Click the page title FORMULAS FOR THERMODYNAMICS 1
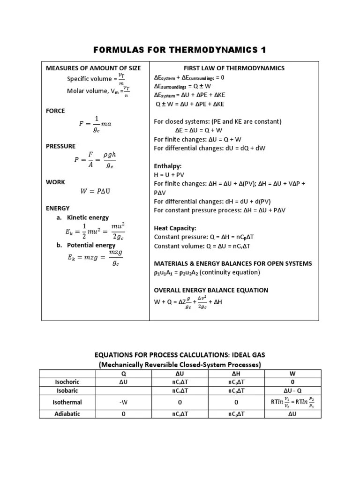[x=180, y=50]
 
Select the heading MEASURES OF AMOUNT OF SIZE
[x=93, y=68]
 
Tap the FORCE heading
[x=55, y=111]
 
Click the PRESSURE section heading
[x=60, y=146]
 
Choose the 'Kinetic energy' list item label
[x=88, y=217]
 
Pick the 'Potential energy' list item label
[x=91, y=245]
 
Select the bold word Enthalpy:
[x=168, y=166]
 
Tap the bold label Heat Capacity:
[x=175, y=228]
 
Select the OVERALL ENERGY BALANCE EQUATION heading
[x=211, y=290]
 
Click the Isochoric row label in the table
[x=67, y=382]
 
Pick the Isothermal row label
[x=67, y=402]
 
